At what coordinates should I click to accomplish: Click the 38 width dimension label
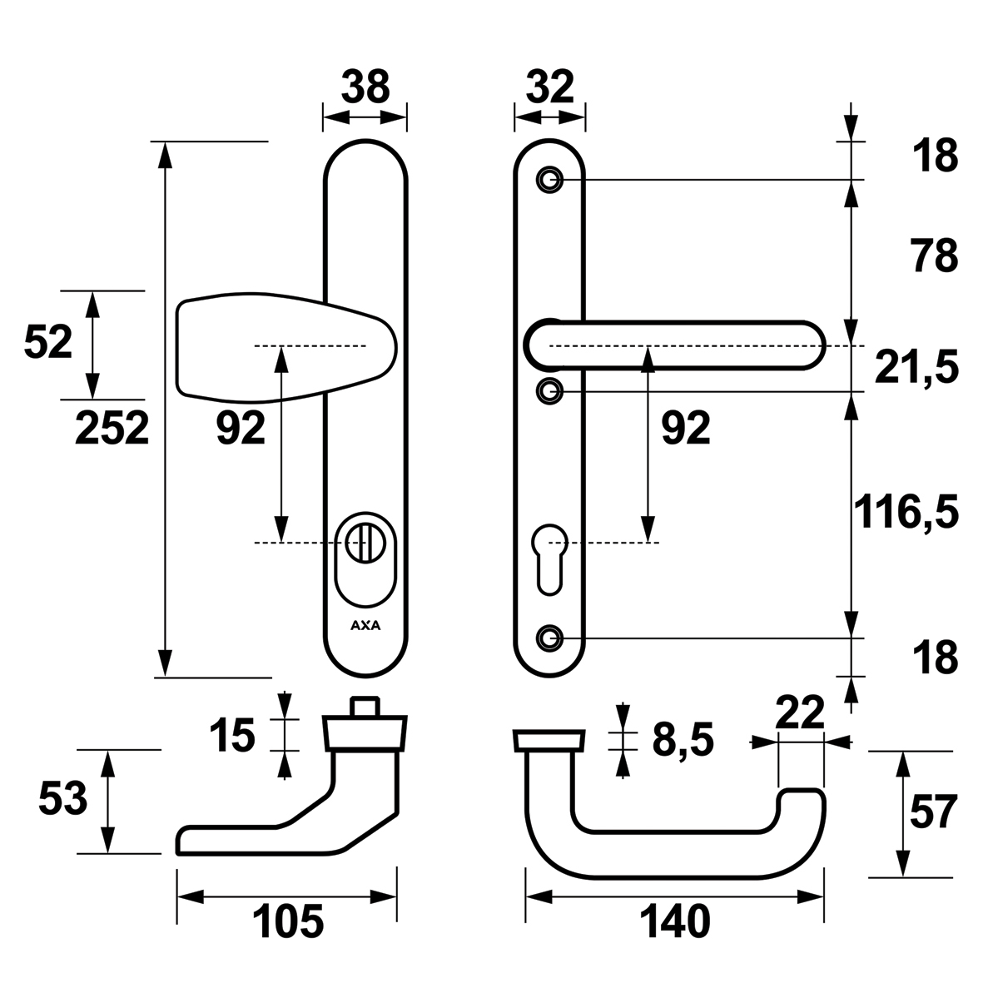click(365, 87)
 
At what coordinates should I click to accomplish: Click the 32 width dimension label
click(549, 87)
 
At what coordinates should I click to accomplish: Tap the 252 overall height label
click(112, 429)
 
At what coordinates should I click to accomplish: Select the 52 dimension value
click(48, 342)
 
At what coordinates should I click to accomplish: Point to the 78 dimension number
click(934, 256)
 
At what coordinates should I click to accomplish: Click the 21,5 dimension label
click(916, 366)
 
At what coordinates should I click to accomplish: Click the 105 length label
click(287, 922)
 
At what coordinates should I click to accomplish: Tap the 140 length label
click(675, 922)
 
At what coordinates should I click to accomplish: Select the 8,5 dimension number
click(683, 741)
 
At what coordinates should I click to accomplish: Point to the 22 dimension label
click(799, 712)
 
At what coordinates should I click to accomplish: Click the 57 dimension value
click(934, 812)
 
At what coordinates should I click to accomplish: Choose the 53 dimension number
click(62, 801)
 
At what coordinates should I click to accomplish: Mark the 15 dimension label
click(231, 736)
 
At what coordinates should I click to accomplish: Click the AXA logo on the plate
click(365, 627)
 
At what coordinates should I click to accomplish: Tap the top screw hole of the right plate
click(548, 179)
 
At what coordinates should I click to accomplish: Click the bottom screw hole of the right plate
click(548, 638)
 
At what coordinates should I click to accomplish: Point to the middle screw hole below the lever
click(548, 390)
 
